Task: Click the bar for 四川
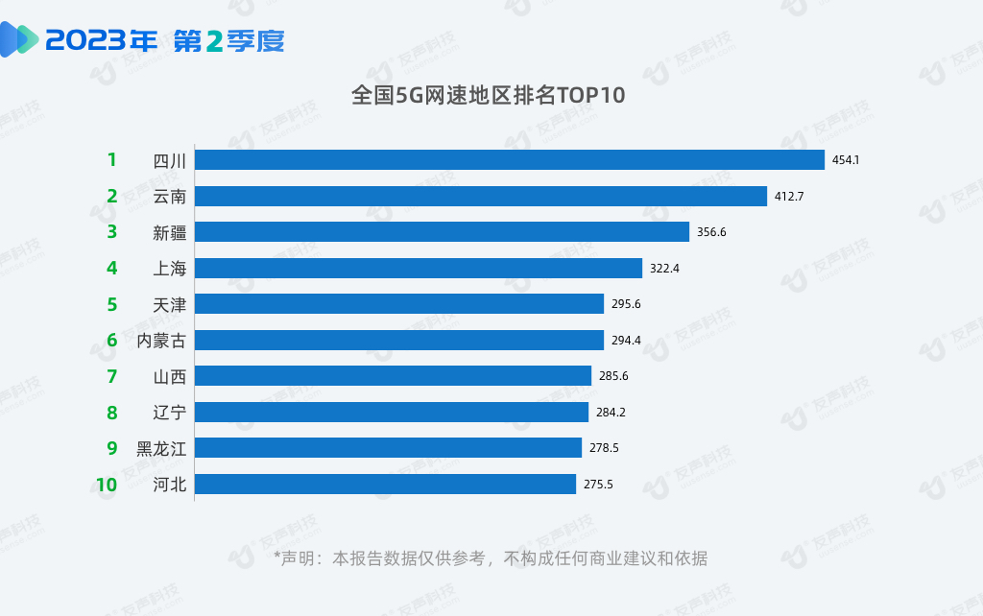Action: pyautogui.click(x=509, y=159)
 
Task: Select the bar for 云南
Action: pyautogui.click(x=480, y=196)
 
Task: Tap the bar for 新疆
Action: pyautogui.click(x=442, y=231)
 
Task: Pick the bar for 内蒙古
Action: pyautogui.click(x=398, y=340)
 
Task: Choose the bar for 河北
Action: pyautogui.click(x=385, y=484)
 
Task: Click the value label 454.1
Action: pyautogui.click(x=845, y=160)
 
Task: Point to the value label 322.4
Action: pyautogui.click(x=664, y=269)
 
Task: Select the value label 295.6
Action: pyautogui.click(x=626, y=304)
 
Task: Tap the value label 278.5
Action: pyautogui.click(x=604, y=448)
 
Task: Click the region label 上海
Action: pyautogui.click(x=170, y=269)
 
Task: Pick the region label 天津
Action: pyautogui.click(x=170, y=304)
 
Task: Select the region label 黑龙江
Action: pyautogui.click(x=161, y=448)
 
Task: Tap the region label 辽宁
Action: pyautogui.click(x=170, y=413)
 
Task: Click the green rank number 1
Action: pyautogui.click(x=111, y=159)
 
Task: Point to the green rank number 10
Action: pyautogui.click(x=106, y=485)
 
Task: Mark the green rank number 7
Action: pyautogui.click(x=111, y=376)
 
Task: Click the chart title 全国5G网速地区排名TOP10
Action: pyautogui.click(x=489, y=95)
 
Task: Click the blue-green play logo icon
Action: pyautogui.click(x=20, y=39)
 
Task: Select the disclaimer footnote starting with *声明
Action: pyautogui.click(x=491, y=558)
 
